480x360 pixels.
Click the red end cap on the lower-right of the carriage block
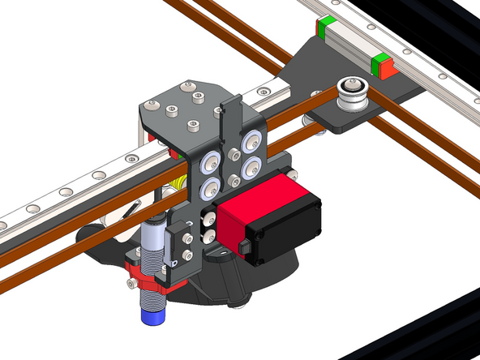coord(388,71)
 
